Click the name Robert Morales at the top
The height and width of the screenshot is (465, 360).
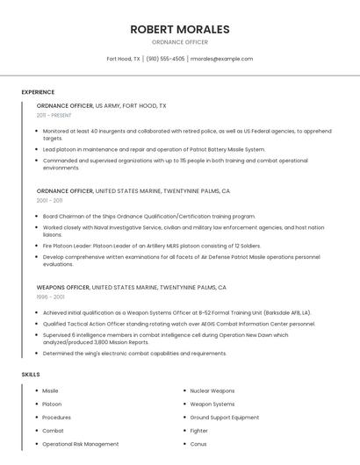point(179,29)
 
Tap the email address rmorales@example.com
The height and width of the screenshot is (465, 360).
point(221,59)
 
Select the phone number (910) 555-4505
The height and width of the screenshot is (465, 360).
point(165,59)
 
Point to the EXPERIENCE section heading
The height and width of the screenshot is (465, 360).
point(38,92)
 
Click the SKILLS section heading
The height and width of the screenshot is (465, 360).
point(31,375)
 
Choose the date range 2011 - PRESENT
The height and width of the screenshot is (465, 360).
point(54,115)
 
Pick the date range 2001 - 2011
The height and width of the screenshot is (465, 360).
point(49,200)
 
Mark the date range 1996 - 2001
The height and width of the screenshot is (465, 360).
point(49,297)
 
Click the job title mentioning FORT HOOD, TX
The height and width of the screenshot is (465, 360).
point(101,105)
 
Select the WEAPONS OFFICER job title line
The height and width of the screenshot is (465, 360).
point(131,287)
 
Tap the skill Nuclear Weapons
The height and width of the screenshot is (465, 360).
point(212,390)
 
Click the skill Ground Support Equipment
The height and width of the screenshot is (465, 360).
point(224,418)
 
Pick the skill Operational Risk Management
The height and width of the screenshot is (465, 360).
point(80,444)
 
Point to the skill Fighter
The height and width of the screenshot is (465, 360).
point(198,431)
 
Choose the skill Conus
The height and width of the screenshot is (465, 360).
point(198,444)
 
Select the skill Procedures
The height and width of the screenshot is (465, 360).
point(56,418)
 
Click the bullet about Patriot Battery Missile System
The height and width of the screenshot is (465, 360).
point(154,149)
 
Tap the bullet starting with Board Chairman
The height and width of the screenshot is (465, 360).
point(148,216)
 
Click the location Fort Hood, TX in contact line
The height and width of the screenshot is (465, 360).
point(123,59)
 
